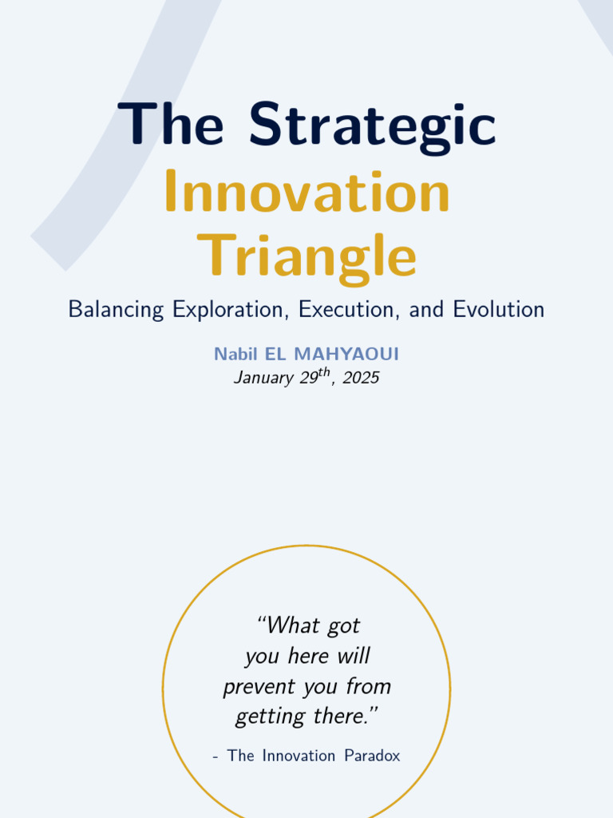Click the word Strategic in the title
point(372,125)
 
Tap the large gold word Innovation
point(306,193)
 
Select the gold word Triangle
point(306,257)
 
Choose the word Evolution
point(498,310)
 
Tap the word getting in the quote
point(260,717)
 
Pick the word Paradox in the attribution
point(372,756)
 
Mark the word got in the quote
point(343,625)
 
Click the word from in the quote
point(369,687)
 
